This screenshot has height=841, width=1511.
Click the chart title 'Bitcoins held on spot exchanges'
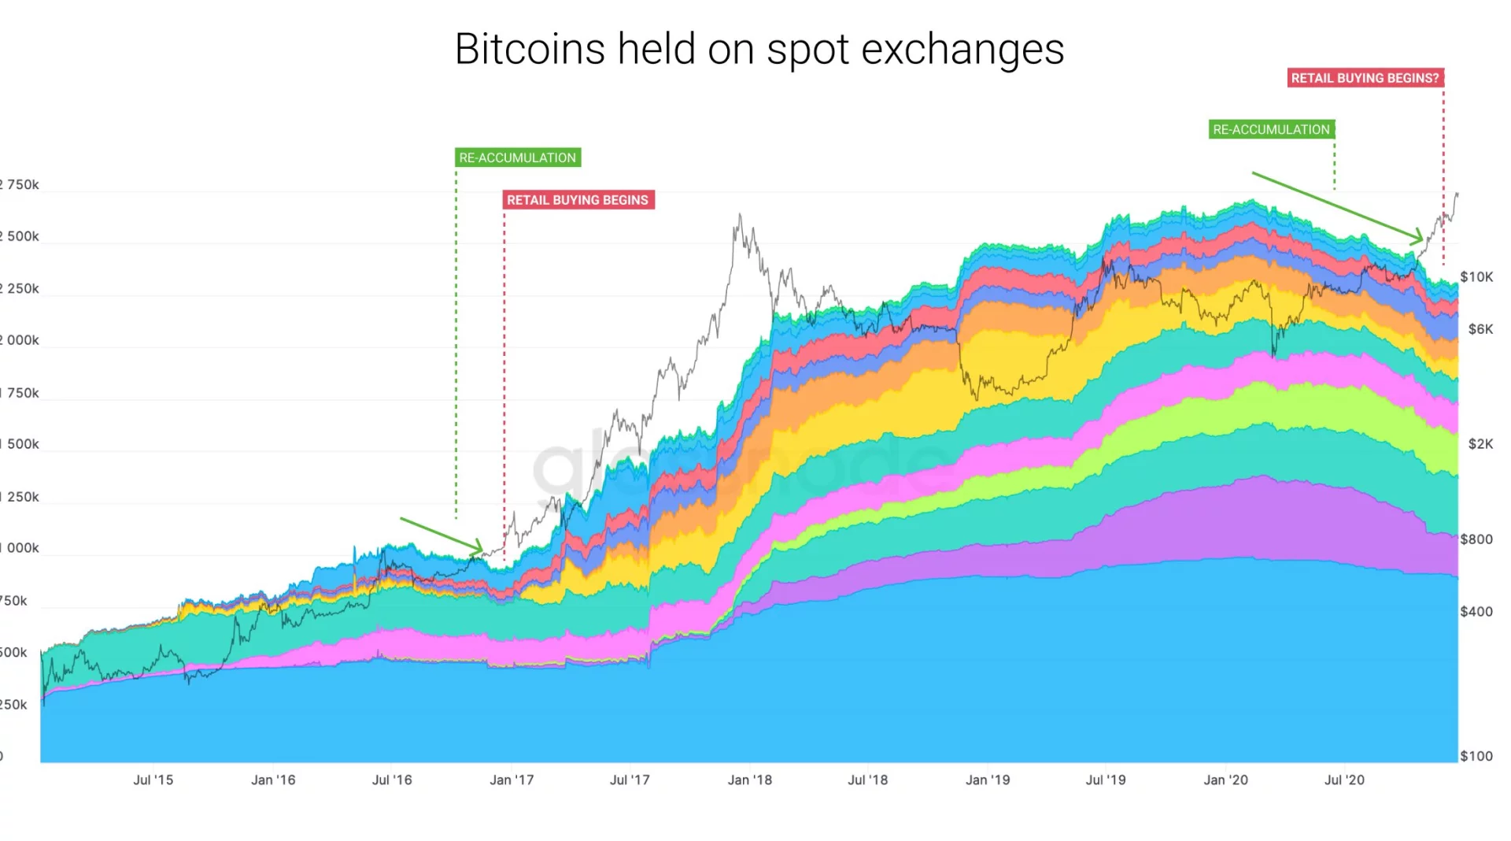pos(759,49)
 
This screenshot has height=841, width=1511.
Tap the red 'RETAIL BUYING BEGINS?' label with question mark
pos(1365,78)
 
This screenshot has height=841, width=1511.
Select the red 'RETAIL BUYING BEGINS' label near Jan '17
pos(578,200)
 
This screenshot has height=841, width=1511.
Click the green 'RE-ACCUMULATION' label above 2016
pos(518,157)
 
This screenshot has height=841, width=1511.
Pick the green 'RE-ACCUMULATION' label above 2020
pos(1271,129)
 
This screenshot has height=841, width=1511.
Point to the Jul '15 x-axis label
pos(153,780)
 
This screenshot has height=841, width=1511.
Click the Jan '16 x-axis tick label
pos(273,780)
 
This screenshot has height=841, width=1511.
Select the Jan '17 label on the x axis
pos(512,780)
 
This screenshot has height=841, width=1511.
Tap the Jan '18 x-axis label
pos(749,780)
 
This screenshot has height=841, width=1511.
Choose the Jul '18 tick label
pos(867,780)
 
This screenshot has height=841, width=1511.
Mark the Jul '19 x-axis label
pos(1106,780)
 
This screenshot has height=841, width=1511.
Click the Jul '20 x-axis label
pos(1344,780)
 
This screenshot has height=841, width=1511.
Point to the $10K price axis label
pos(1476,276)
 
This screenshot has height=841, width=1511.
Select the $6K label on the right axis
pos(1480,329)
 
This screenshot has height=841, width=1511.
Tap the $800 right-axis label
pos(1476,539)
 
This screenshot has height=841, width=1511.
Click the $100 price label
pos(1476,756)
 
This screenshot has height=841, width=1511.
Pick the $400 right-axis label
pos(1476,611)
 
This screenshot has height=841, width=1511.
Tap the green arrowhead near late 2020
pos(1418,236)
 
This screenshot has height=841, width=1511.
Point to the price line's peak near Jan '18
pos(740,214)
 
